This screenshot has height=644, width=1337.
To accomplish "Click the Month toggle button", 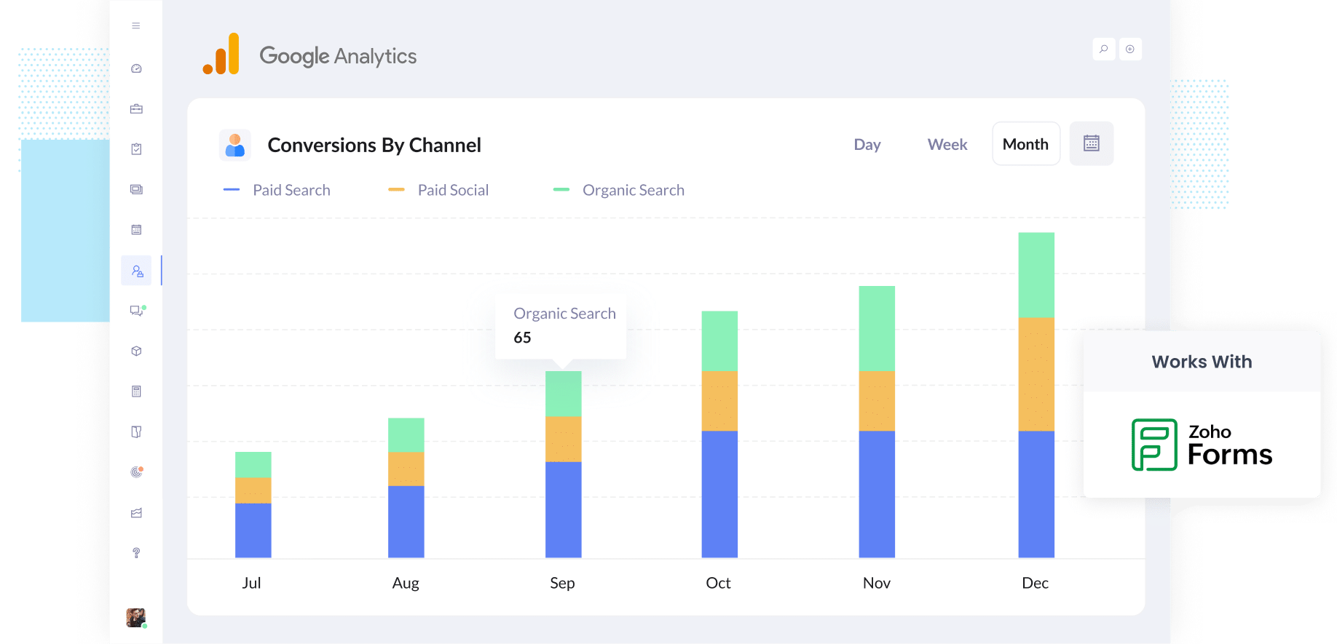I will (x=1025, y=144).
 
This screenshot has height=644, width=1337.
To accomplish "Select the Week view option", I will (x=947, y=144).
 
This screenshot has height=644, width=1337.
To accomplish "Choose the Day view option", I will (x=867, y=144).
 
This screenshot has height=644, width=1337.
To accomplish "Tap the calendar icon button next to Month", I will (x=1091, y=143).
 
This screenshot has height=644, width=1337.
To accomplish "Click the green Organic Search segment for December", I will (x=1036, y=275).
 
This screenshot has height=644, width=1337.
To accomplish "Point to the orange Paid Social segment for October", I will (x=719, y=401).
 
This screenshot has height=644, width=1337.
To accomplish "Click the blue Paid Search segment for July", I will (x=253, y=530).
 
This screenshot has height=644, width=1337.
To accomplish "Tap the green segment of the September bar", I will (x=563, y=394).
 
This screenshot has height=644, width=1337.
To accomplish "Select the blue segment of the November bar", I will (x=876, y=494).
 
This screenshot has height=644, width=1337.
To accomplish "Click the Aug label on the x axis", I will (x=406, y=583).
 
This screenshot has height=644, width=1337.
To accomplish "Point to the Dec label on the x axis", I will (x=1035, y=583).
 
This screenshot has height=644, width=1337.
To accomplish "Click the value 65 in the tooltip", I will (x=522, y=338).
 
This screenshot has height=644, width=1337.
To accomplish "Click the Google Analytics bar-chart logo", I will (x=221, y=55).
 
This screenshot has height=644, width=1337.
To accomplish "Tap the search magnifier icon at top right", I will (x=1103, y=49).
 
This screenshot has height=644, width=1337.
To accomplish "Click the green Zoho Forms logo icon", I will (x=1153, y=445).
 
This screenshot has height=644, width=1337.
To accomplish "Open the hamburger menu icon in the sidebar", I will (x=135, y=25).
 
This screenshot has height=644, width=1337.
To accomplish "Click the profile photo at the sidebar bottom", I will (x=135, y=617).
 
